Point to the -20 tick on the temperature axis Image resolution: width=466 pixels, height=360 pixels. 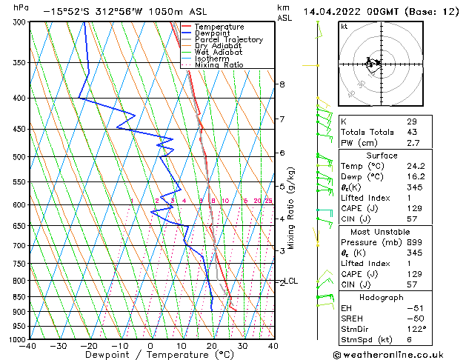(89, 345)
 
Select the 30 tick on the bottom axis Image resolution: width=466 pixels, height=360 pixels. (242, 345)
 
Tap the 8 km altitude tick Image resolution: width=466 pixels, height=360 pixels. (282, 84)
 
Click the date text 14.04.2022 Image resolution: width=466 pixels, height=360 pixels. (333, 11)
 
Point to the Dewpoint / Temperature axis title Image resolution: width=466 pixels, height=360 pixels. (150, 356)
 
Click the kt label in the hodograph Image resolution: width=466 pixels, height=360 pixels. (344, 27)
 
